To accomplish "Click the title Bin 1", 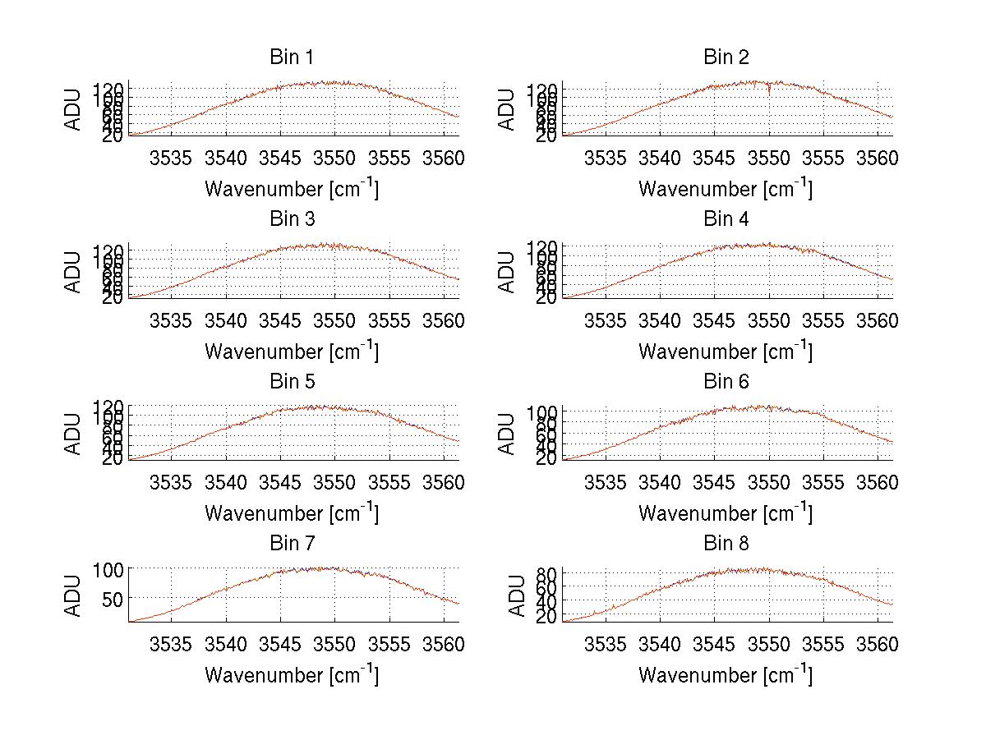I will tap(292, 57).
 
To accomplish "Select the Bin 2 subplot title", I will tap(726, 57).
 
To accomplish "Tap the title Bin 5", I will tap(292, 381).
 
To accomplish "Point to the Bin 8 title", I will tap(726, 543).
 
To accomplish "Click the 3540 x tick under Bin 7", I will tap(226, 644).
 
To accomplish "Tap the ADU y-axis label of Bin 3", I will tap(73, 272).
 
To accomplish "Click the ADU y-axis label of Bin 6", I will tap(507, 434).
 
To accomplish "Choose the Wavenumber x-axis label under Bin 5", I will tap(292, 513).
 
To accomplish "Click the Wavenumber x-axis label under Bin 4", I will tap(726, 352).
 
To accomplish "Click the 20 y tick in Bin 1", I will tap(113, 136).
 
